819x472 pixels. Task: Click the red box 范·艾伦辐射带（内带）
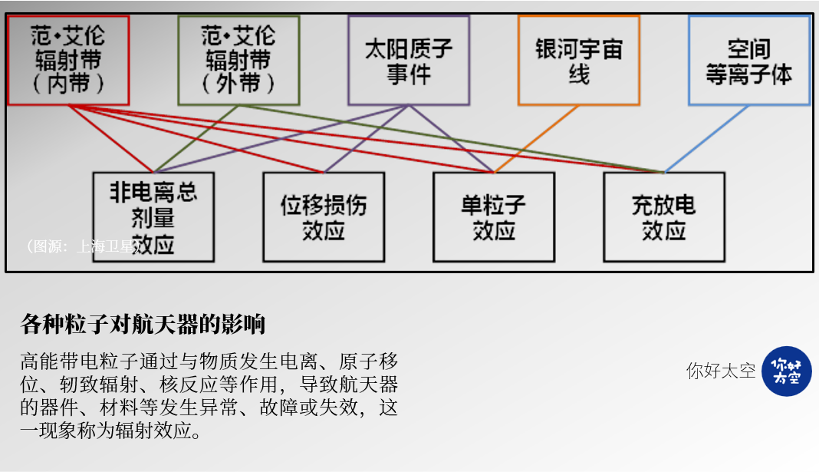(x=68, y=60)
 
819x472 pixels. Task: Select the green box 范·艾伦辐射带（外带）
(x=238, y=60)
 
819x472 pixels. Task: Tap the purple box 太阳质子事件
(x=408, y=60)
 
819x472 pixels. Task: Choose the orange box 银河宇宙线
(x=578, y=60)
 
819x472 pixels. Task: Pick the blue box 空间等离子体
(x=748, y=60)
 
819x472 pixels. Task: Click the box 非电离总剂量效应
(x=153, y=216)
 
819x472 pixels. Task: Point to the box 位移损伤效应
(x=324, y=216)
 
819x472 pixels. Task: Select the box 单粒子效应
(x=494, y=216)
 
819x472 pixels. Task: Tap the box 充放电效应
(x=663, y=216)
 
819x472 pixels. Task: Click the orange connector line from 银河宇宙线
(x=537, y=139)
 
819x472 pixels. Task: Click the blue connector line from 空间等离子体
(x=706, y=139)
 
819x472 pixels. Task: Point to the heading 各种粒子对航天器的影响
(x=143, y=325)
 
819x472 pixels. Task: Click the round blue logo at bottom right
(x=786, y=371)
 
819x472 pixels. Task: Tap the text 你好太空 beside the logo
(x=720, y=371)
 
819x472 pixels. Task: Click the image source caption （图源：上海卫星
(x=81, y=246)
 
